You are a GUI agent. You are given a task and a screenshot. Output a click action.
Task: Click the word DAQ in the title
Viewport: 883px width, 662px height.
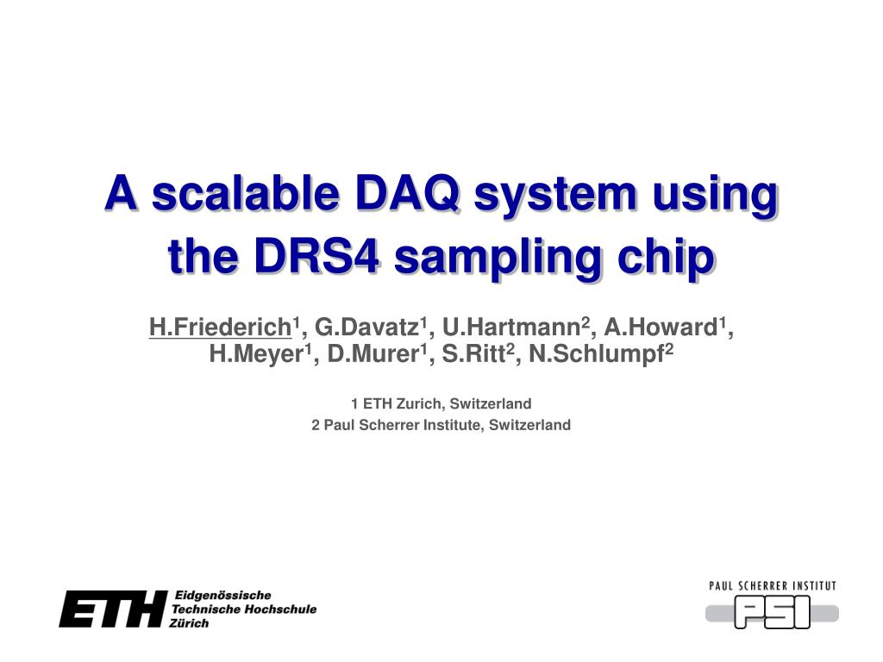click(408, 194)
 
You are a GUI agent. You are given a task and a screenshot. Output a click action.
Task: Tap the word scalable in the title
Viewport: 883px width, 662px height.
click(246, 192)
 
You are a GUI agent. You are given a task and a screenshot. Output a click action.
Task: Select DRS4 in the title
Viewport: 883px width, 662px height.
click(316, 256)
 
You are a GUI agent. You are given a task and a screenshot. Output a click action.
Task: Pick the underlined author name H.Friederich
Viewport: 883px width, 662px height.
click(220, 327)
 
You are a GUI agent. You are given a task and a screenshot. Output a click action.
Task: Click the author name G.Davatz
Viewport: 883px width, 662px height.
click(366, 327)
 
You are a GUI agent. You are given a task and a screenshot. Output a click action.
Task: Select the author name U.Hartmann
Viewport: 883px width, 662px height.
click(511, 327)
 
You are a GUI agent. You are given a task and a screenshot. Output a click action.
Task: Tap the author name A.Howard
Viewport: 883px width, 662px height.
click(661, 327)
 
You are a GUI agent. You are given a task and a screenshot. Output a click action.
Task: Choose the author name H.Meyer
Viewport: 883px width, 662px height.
click(256, 354)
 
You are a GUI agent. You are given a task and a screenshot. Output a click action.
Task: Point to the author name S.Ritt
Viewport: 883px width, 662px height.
click(473, 354)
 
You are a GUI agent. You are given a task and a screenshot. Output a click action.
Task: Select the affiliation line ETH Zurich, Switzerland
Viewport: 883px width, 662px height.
click(448, 403)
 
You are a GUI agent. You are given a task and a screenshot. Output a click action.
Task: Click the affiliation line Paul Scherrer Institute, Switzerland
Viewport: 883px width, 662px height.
click(448, 425)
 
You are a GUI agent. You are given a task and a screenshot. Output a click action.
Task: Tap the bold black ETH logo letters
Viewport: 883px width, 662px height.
click(113, 609)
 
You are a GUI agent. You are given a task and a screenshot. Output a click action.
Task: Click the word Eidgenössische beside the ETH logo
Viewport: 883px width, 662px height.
click(223, 596)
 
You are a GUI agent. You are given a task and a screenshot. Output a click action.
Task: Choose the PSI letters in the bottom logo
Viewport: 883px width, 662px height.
click(773, 612)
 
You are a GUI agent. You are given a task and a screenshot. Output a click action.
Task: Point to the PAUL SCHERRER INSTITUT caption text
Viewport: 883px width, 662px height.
click(773, 586)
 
